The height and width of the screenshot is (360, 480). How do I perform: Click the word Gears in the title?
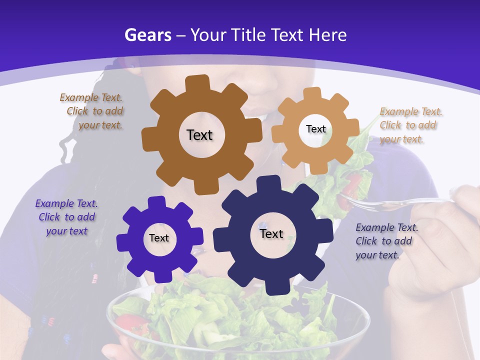coord(148,35)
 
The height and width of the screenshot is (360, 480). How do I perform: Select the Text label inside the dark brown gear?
coord(199,135)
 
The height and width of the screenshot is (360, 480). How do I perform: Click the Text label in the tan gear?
coord(315,129)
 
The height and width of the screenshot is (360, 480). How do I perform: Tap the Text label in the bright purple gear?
coord(159,238)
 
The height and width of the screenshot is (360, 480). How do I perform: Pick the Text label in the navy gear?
coord(271,234)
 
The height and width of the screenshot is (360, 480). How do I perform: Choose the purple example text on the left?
coord(66,217)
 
